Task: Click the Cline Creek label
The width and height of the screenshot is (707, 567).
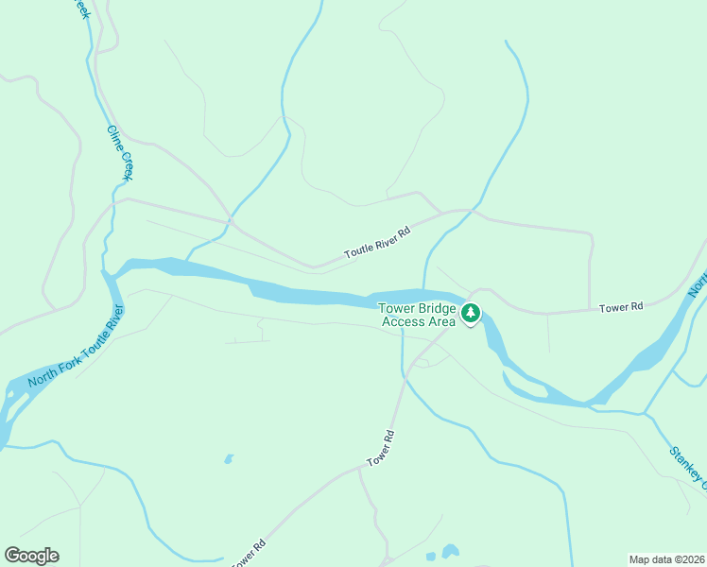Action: (x=120, y=152)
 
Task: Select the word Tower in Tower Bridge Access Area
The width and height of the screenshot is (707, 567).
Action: (x=396, y=308)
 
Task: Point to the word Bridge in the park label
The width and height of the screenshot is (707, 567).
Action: (x=436, y=308)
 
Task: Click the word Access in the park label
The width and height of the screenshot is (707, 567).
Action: (x=401, y=321)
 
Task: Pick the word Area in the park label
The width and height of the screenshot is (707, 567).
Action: (x=441, y=321)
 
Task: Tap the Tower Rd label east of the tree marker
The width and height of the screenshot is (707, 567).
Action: (x=621, y=307)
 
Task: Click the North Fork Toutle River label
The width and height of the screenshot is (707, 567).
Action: (x=77, y=346)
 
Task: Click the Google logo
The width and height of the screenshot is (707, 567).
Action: (x=31, y=556)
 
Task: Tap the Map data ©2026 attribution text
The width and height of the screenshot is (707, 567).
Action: (x=666, y=559)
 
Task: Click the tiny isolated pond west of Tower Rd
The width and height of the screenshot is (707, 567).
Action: (x=228, y=460)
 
